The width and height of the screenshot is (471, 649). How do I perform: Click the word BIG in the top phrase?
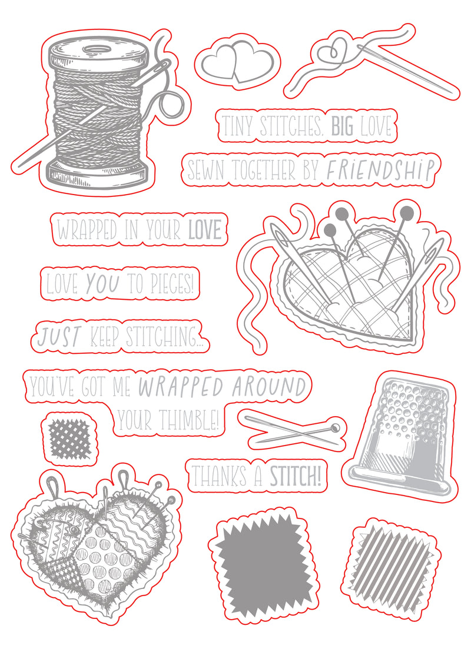click(342, 126)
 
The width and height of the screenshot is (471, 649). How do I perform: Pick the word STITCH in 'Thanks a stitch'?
click(294, 477)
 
